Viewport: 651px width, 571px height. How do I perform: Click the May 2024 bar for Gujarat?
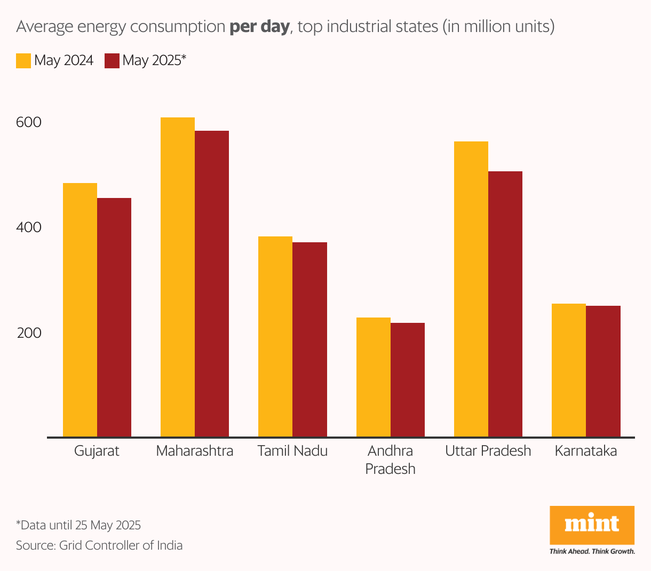80,310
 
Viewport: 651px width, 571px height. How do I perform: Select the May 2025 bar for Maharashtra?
212,283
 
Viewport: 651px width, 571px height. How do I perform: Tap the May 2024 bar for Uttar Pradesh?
471,289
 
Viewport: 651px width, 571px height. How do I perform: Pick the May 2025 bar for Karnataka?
603,371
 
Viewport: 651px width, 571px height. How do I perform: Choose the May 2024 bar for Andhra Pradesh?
374,377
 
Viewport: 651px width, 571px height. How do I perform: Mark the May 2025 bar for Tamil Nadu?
309,339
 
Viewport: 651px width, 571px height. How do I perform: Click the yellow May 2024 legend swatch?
23,60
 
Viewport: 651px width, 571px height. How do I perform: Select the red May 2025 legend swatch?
112,60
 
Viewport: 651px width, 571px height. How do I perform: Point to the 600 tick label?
29,122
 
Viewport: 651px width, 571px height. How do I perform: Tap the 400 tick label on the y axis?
29,227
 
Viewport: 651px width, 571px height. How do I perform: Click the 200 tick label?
29,333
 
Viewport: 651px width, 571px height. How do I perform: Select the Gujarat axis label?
97,451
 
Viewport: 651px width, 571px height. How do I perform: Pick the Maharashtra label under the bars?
195,451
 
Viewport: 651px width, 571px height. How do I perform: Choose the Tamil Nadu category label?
292,451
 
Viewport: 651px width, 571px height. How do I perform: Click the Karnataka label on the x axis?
586,451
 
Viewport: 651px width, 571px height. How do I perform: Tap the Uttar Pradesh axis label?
488,451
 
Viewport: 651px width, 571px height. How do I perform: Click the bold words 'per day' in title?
259,27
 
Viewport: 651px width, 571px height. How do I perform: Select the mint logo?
592,525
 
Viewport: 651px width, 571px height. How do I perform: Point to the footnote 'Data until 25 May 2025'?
78,525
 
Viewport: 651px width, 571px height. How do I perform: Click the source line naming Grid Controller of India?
99,545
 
